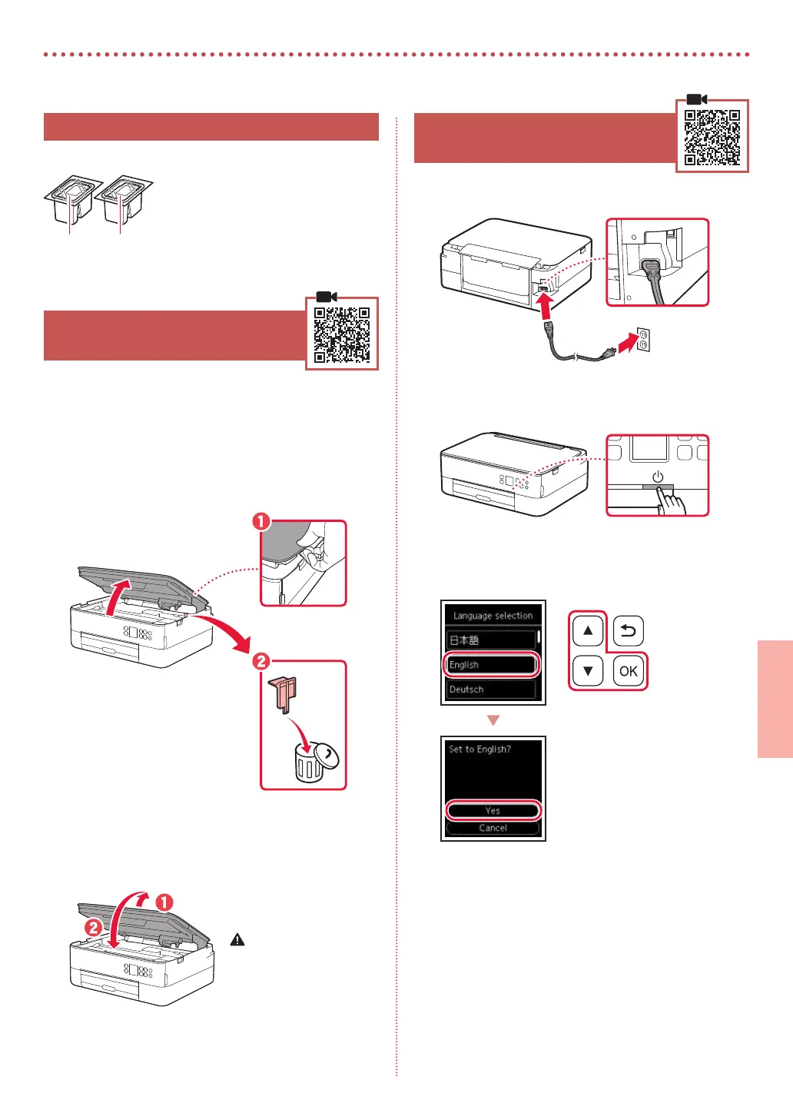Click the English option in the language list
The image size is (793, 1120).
491,664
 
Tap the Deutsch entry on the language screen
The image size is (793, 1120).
491,690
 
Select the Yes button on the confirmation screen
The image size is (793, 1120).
493,810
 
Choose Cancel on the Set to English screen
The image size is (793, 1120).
493,828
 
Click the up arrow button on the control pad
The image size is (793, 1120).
588,631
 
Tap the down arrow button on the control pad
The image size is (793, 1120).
588,670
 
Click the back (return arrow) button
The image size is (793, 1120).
628,631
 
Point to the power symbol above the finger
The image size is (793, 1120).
658,477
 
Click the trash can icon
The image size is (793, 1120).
310,764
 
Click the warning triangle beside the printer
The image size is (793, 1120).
237,939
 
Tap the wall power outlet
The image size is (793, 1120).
642,339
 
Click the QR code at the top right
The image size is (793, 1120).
712,137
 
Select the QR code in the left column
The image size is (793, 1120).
342,334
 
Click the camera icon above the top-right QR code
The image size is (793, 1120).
696,99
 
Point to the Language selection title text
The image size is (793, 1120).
493,616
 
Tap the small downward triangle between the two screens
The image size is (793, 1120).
493,720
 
